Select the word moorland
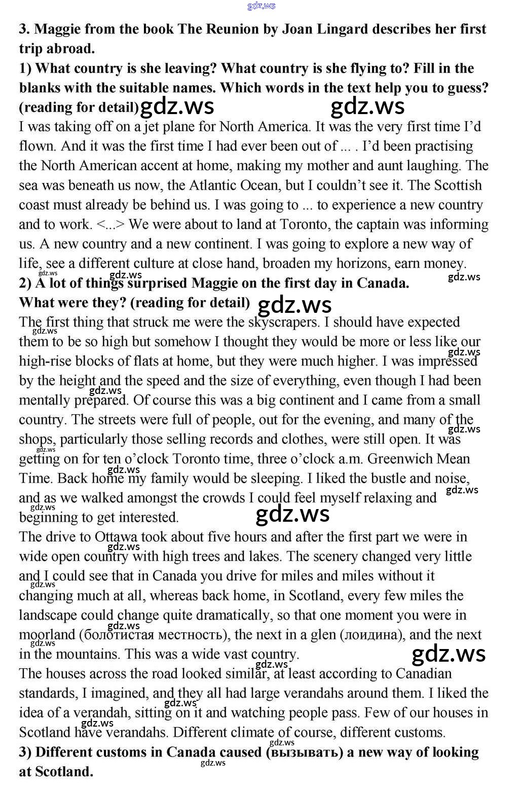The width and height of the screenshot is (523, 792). pos(47,635)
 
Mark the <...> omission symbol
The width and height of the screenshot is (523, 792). pos(110,225)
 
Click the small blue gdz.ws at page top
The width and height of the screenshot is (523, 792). pos(261,6)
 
